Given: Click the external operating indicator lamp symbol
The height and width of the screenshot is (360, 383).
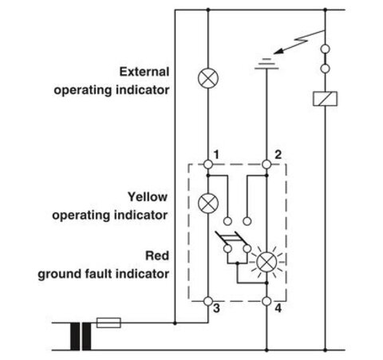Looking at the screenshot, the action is pyautogui.click(x=208, y=78).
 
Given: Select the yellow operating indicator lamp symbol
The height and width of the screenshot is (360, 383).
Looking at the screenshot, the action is pyautogui.click(x=208, y=204).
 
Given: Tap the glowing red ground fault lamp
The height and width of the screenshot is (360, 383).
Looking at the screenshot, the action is pyautogui.click(x=267, y=262).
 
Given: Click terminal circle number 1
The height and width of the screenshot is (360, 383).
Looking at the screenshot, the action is pyautogui.click(x=208, y=164).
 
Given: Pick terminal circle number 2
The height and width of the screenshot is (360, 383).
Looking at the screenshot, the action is pyautogui.click(x=267, y=164).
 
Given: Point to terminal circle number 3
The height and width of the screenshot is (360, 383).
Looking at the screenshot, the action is pyautogui.click(x=208, y=301).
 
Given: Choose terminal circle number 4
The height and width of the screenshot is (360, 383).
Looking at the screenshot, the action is pyautogui.click(x=267, y=301).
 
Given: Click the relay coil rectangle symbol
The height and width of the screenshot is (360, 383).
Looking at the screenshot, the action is pyautogui.click(x=325, y=99).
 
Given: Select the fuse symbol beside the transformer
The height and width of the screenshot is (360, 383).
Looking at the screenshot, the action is pyautogui.click(x=109, y=322).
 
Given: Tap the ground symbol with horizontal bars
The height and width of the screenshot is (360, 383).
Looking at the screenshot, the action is pyautogui.click(x=267, y=64).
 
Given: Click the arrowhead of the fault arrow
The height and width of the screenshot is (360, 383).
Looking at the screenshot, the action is pyautogui.click(x=278, y=51).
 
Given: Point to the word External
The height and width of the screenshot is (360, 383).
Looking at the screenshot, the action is pyautogui.click(x=144, y=72).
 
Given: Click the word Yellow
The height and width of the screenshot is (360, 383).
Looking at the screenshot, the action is pyautogui.click(x=148, y=197).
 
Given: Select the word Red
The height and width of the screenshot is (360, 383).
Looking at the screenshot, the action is pyautogui.click(x=157, y=255).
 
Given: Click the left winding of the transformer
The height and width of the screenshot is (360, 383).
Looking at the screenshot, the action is pyautogui.click(x=75, y=336).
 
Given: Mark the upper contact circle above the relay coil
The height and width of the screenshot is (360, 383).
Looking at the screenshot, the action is pyautogui.click(x=325, y=49).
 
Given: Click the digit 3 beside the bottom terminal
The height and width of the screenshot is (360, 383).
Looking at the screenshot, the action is pyautogui.click(x=217, y=308).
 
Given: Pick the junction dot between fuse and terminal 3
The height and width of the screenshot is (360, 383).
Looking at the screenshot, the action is pyautogui.click(x=175, y=323).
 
